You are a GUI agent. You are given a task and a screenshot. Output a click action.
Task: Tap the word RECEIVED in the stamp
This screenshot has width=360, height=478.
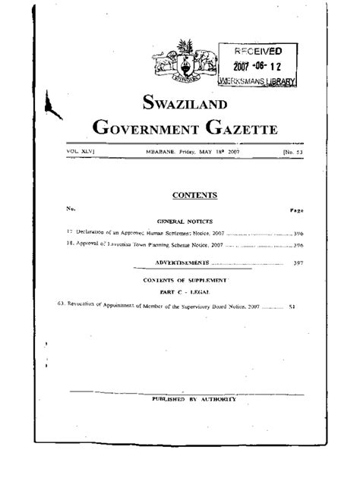coord(257,52)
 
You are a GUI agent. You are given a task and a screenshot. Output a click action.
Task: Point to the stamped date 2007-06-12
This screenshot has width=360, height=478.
coord(258,66)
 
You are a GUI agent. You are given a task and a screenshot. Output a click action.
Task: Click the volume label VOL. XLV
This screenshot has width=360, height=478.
coord(83,152)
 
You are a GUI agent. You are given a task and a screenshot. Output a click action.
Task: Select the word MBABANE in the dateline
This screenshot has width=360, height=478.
coord(161,152)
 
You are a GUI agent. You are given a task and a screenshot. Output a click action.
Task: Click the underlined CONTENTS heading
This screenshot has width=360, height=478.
coord(194,195)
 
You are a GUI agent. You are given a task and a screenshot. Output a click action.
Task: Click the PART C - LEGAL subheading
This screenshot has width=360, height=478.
coord(184,291)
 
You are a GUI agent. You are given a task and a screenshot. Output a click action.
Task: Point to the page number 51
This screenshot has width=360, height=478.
coord(292,307)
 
